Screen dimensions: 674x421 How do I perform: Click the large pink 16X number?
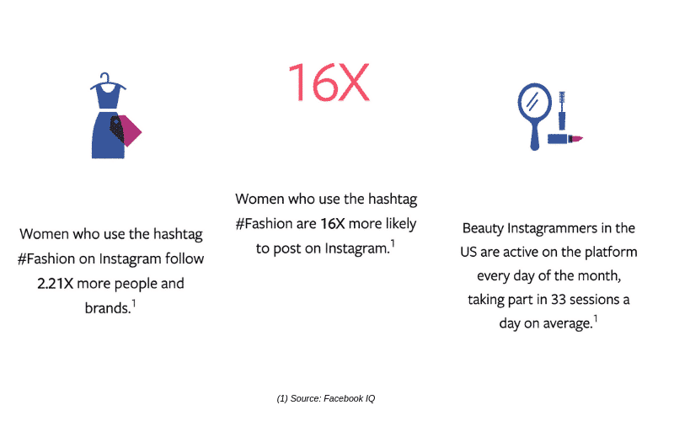tap(329, 82)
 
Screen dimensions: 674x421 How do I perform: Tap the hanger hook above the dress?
tap(105, 77)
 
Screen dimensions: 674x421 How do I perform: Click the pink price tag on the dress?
tap(129, 131)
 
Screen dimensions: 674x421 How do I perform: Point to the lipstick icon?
tap(564, 139)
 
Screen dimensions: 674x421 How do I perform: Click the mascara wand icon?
tap(562, 110)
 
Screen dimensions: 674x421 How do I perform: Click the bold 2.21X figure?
tap(55, 284)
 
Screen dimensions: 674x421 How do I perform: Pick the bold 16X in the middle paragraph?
tap(333, 224)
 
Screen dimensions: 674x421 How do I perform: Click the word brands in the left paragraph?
tap(108, 308)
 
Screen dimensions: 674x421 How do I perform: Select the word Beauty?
tap(483, 228)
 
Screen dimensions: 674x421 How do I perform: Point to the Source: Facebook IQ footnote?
tap(326, 398)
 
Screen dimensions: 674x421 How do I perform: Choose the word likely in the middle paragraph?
tap(401, 224)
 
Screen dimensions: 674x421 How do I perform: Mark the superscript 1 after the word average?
tap(596, 319)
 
